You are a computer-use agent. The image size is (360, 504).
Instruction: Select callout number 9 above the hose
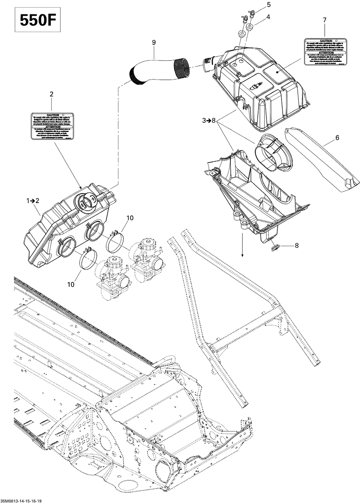(x=154, y=42)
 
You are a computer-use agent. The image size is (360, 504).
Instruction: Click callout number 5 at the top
(x=269, y=4)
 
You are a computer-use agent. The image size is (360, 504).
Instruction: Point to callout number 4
(x=269, y=17)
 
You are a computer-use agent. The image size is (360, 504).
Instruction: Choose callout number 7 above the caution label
(x=325, y=20)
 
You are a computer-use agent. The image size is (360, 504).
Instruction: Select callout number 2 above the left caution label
(x=51, y=94)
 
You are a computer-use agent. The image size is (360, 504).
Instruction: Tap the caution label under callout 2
(x=51, y=126)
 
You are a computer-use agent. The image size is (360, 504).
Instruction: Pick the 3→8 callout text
(x=208, y=121)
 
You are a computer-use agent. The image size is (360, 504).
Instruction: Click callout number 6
(x=337, y=137)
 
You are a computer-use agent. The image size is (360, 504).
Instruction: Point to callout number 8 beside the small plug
(x=297, y=246)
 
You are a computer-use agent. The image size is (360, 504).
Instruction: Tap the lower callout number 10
(x=71, y=284)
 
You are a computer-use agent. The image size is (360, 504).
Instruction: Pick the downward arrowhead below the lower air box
(x=242, y=255)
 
